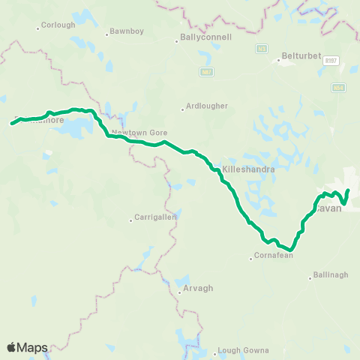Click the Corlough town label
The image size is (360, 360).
click(59, 25)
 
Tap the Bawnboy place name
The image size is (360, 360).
click(121, 31)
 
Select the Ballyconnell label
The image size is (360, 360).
click(206, 36)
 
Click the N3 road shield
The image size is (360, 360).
click(262, 49)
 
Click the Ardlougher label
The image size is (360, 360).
click(207, 106)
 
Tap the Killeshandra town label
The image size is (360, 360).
click(248, 169)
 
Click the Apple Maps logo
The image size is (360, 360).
click(27, 347)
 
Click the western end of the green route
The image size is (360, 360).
click(13, 122)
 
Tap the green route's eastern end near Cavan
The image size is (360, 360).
click(349, 190)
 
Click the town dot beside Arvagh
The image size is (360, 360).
click(179, 292)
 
